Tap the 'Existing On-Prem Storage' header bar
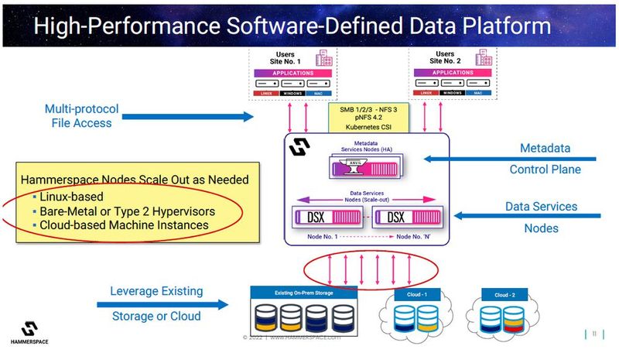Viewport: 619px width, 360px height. pyautogui.click(x=303, y=293)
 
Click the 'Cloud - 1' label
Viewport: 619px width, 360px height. pyautogui.click(x=416, y=295)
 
